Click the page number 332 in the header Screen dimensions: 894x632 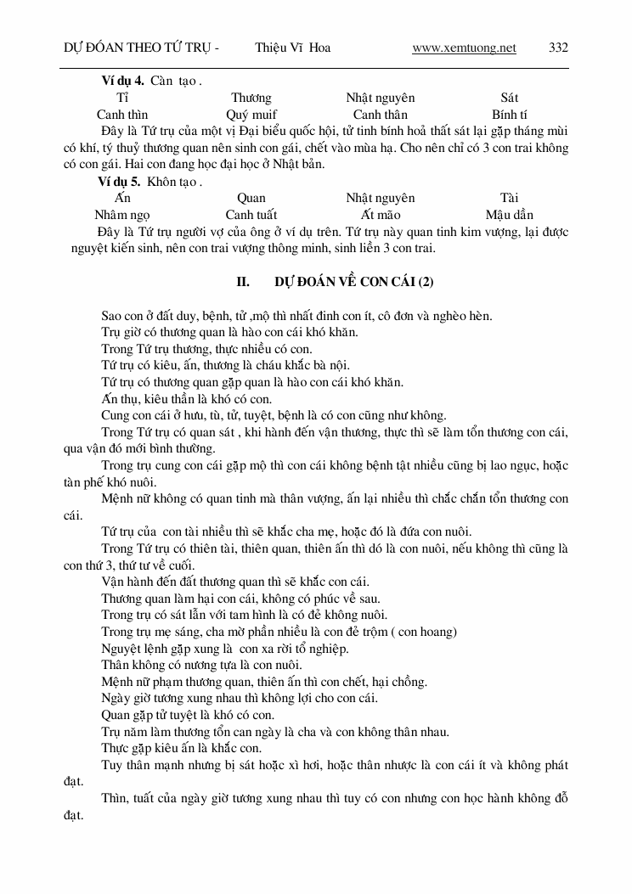558,48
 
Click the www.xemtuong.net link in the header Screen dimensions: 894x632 464,48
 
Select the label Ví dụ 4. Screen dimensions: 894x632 122,82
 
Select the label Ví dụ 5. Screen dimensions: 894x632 122,182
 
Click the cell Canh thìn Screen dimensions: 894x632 122,115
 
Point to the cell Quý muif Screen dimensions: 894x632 251,115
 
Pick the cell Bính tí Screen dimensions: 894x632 510,115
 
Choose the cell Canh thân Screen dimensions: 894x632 381,115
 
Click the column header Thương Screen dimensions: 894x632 251,98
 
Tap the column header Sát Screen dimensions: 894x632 510,98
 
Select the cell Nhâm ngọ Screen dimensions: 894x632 122,215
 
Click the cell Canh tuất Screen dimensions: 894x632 251,215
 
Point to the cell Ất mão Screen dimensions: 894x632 381,215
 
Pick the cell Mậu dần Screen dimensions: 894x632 510,215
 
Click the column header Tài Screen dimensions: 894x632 510,198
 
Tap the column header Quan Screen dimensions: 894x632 251,198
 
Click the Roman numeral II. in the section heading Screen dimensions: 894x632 242,282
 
